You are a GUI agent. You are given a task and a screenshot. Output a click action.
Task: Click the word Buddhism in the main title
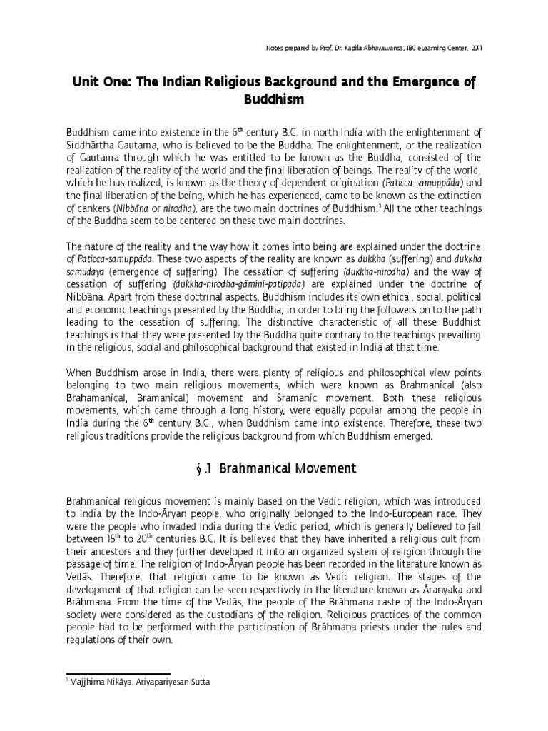click(274, 100)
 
